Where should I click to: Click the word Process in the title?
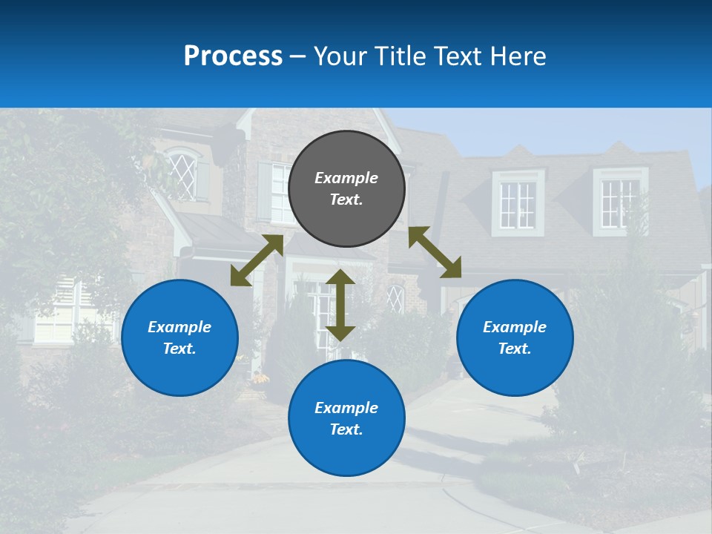coord(233,56)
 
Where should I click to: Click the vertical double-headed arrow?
coord(340,305)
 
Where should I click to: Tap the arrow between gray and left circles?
coord(257,260)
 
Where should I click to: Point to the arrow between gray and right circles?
coord(435,252)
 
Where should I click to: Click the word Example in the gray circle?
coord(346,178)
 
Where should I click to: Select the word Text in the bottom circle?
coord(346,429)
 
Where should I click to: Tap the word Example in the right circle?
coord(515,327)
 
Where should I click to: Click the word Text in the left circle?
coord(179,349)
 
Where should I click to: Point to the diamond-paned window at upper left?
coord(183,175)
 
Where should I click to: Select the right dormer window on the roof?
coord(620,202)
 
